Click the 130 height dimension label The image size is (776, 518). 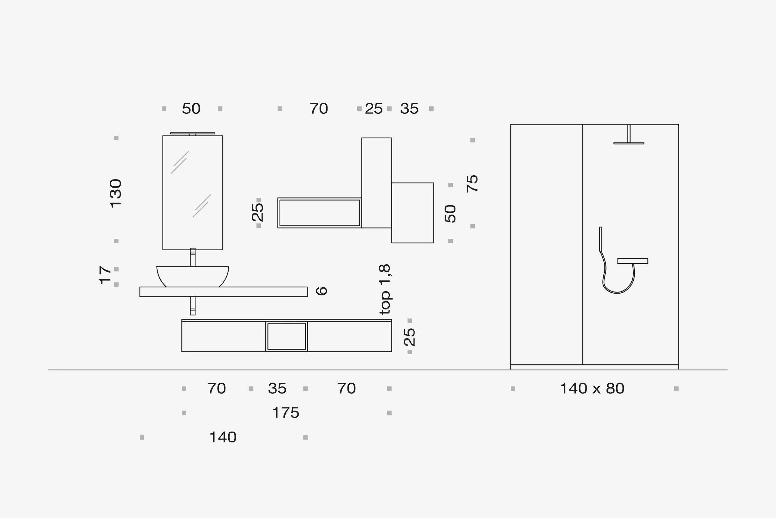[x=116, y=193]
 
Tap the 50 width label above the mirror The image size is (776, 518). [x=191, y=108]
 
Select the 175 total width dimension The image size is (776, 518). [x=286, y=413]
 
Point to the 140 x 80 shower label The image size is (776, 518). [x=592, y=388]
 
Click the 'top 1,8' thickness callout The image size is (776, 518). [x=385, y=289]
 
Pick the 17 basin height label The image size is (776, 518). [x=105, y=275]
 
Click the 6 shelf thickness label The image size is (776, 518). [x=322, y=291]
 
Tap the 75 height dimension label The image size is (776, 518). [x=472, y=183]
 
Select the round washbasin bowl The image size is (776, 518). [x=193, y=276]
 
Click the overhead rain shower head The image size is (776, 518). [x=629, y=143]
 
